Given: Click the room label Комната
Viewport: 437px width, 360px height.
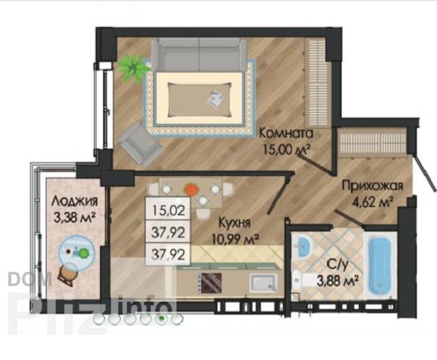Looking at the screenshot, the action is tap(286, 133).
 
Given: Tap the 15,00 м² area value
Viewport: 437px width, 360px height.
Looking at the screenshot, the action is tap(287, 151).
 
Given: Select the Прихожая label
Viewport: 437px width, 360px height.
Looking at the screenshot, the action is tap(373, 185).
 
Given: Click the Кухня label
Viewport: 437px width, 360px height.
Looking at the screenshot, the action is tap(234, 223).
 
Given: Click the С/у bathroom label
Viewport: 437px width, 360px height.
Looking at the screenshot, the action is tap(337, 264).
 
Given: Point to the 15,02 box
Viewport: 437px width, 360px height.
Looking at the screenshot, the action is tap(168, 209).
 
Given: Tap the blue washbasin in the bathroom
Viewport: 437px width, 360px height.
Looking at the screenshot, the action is tap(303, 247).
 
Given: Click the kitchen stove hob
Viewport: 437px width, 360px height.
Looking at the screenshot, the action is tap(210, 282).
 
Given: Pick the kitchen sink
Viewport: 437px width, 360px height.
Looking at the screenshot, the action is tap(263, 282).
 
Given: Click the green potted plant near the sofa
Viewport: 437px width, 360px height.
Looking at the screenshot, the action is tap(133, 68).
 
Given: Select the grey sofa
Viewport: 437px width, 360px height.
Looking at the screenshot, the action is tap(199, 55).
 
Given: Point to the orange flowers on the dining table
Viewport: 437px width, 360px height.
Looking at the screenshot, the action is tap(191, 189).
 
